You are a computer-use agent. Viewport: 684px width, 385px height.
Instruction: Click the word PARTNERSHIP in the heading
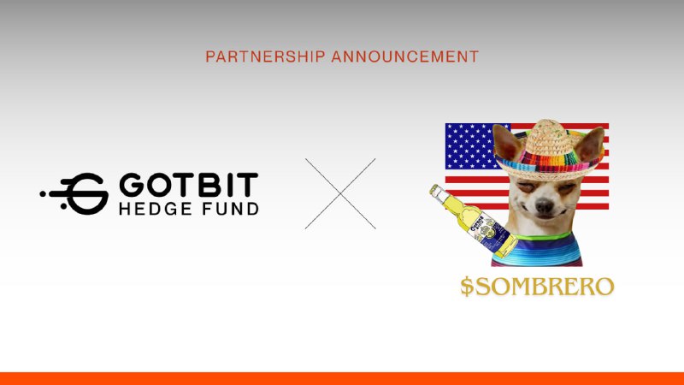point(252,56)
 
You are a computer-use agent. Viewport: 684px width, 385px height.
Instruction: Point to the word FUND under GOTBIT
point(227,209)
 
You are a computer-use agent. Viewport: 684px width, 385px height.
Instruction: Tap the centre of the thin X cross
point(340,193)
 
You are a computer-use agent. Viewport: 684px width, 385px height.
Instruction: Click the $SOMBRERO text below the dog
point(537,287)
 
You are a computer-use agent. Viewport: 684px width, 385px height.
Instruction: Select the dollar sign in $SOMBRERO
point(467,287)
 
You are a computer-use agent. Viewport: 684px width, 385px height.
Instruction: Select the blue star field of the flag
point(469,145)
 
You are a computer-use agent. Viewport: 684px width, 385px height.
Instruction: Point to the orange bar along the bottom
point(342,378)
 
